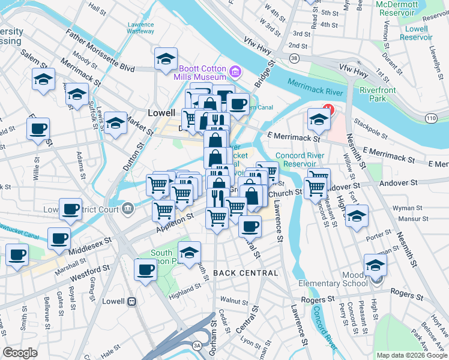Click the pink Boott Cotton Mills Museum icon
coord(235,73)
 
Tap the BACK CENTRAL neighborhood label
coord(246,273)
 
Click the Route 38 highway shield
coord(294,58)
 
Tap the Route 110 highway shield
coord(431,119)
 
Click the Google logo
coord(20,353)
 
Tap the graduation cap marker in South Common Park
coord(189,252)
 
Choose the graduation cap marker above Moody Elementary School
coord(375,264)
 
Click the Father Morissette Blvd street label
coord(100,51)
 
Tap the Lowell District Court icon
coord(127,209)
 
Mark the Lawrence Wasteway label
coord(140,28)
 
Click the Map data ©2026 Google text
coord(412,355)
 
